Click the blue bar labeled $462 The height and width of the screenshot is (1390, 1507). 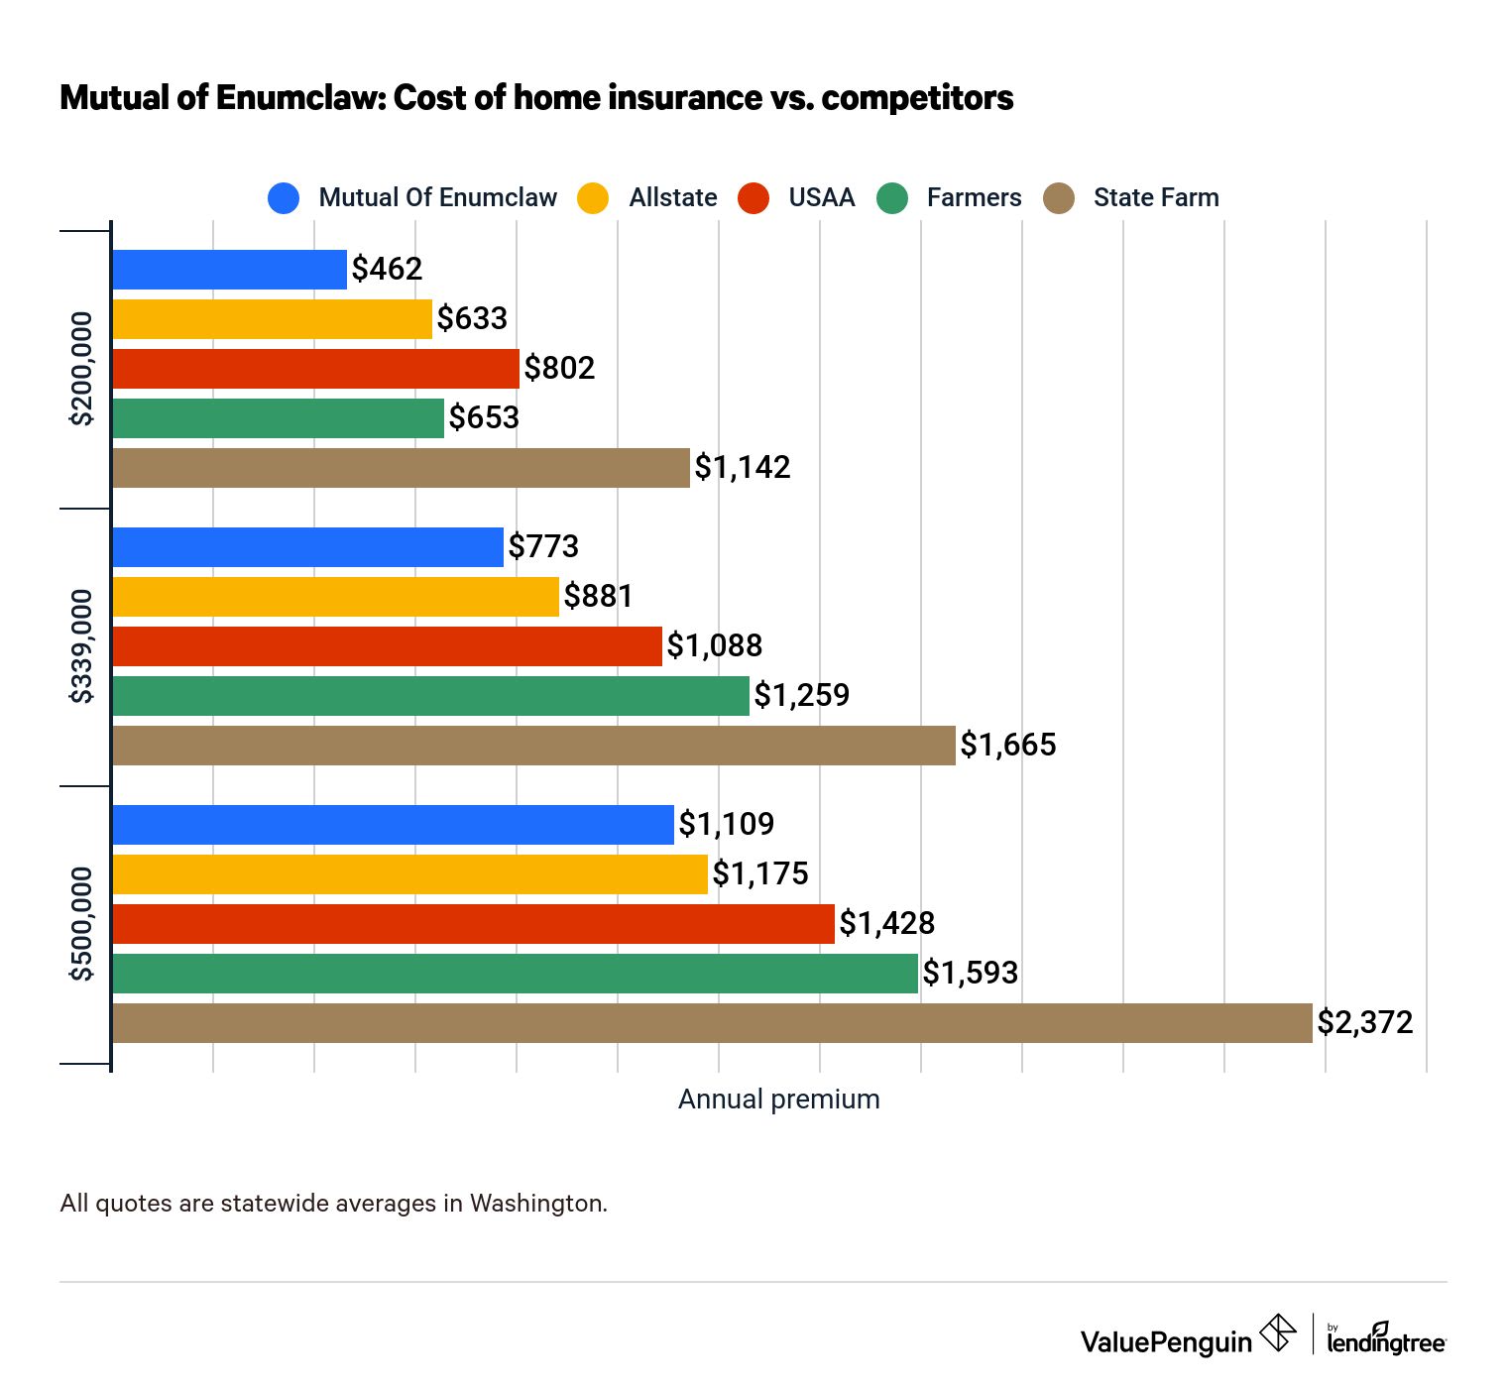[x=229, y=270]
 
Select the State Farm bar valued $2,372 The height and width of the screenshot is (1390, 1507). [x=712, y=1023]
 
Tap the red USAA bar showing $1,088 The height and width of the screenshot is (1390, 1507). [x=387, y=646]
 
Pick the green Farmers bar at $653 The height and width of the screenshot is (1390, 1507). [x=278, y=418]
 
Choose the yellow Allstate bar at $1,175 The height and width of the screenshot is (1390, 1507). [x=409, y=874]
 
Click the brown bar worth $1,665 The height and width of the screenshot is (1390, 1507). [x=533, y=746]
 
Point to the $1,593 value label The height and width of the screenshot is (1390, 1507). [x=971, y=973]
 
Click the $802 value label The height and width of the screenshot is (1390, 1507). [x=559, y=368]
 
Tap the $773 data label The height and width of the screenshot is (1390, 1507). [x=543, y=546]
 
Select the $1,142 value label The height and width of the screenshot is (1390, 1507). [x=743, y=467]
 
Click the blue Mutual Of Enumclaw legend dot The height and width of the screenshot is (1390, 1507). [x=284, y=198]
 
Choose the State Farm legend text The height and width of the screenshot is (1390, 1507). [x=1156, y=198]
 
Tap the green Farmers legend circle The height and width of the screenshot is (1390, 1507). [x=892, y=198]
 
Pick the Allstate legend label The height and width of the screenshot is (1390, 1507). [x=673, y=198]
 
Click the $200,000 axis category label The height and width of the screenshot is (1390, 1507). [x=81, y=369]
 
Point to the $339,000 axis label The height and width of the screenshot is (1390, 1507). [x=81, y=646]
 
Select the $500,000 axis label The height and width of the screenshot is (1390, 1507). [x=81, y=924]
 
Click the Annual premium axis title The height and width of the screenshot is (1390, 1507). [x=778, y=1100]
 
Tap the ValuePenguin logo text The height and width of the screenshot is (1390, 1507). [x=1166, y=1342]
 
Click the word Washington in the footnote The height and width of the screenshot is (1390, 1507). [x=536, y=1204]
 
